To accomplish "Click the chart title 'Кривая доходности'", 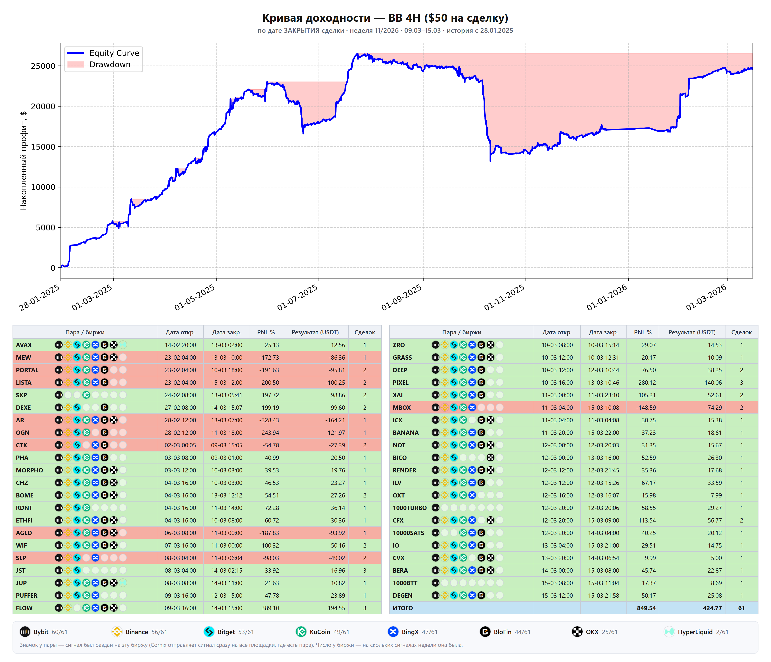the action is (x=316, y=18).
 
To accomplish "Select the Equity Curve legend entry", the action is (x=103, y=53).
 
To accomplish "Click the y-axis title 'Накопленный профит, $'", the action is (x=23, y=160).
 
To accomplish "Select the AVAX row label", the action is (x=24, y=345).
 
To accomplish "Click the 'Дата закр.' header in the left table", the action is (x=227, y=332).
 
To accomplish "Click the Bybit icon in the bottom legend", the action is (x=25, y=632).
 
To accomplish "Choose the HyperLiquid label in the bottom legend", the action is (x=695, y=632).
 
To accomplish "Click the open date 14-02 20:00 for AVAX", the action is (x=180, y=345).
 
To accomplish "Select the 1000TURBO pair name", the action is (x=409, y=508).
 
